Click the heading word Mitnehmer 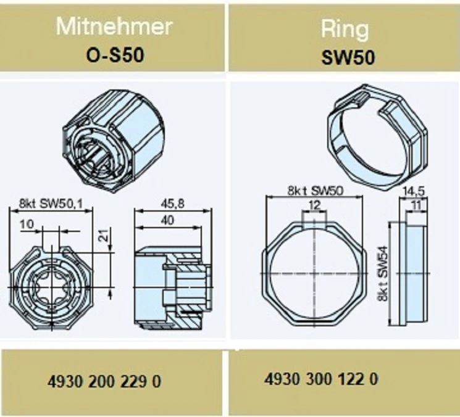114,27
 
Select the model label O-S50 115,55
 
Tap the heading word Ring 345,30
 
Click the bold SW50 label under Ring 348,57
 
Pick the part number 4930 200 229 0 104,382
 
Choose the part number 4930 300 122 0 321,379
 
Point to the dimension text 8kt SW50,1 51,204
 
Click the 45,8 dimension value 172,204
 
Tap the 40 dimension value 168,220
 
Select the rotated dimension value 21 102,234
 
